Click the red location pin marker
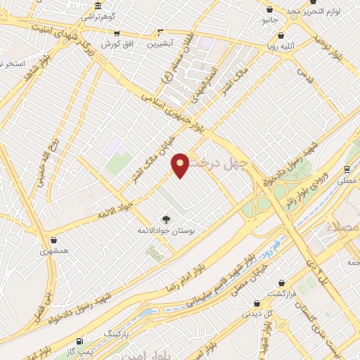(181, 164)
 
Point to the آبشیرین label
(161, 44)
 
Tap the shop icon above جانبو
(271, 9)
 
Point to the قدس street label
(303, 74)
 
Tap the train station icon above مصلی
(346, 169)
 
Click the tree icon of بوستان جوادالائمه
(167, 219)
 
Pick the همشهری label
(55, 250)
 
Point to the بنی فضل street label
(44, 292)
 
